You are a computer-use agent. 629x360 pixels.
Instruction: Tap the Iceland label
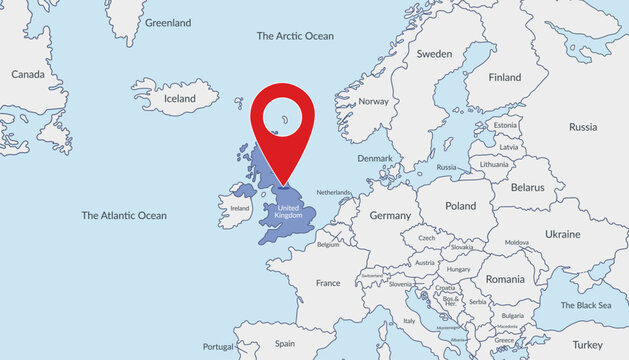180,99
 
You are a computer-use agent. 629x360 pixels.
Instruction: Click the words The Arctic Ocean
295,36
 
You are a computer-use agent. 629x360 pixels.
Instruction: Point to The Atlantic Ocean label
124,215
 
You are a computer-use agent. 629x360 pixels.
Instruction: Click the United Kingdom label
288,212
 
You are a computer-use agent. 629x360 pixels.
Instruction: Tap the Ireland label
240,208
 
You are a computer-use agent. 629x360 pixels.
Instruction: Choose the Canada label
28,74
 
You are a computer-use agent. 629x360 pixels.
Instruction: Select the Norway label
373,101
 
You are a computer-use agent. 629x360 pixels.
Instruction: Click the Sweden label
435,54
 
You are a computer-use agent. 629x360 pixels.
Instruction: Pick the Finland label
505,77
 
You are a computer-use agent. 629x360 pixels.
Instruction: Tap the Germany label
390,215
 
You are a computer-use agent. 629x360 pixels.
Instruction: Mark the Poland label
461,206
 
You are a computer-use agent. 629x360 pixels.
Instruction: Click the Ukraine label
562,234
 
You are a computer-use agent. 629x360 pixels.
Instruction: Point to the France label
328,283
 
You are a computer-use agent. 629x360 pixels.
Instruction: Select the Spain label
285,343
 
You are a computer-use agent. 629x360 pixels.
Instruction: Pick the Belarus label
527,187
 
